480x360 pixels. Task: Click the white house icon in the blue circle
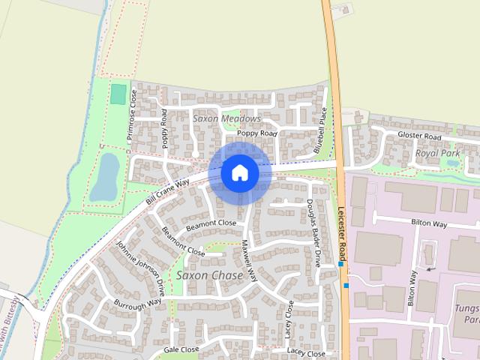(239, 172)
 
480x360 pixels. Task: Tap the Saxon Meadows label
(226, 118)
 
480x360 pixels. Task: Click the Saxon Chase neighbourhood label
(209, 275)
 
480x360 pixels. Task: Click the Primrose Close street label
(133, 115)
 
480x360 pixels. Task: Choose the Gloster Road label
(419, 136)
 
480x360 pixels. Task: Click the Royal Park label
(437, 153)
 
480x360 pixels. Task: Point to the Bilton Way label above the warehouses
(429, 223)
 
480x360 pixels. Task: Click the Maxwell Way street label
(250, 261)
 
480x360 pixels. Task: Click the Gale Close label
(181, 349)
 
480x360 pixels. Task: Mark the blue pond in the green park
(105, 177)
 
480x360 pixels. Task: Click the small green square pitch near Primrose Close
(118, 94)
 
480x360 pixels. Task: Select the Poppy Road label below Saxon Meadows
(256, 133)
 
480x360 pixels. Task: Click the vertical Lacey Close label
(289, 318)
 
